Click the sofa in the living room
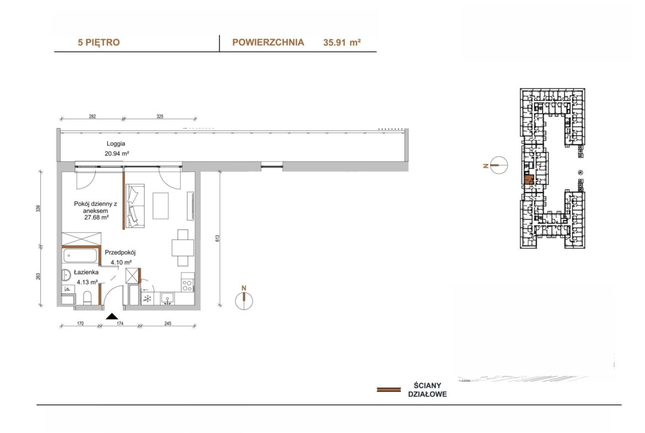point(135,206)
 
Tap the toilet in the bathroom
point(87,298)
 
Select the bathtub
point(80,255)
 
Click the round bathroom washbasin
point(67,275)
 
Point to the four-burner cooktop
point(187,285)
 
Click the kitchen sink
point(168,298)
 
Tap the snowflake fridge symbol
point(147,298)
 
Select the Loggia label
point(116,143)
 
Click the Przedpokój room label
point(120,252)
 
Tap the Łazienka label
point(86,272)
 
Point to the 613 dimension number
point(217,238)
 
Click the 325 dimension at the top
point(160,116)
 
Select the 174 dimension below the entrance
point(120,324)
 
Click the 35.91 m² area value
point(342,42)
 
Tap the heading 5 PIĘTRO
point(99,42)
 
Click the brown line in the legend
point(389,389)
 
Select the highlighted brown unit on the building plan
point(529,179)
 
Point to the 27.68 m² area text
point(96,218)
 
